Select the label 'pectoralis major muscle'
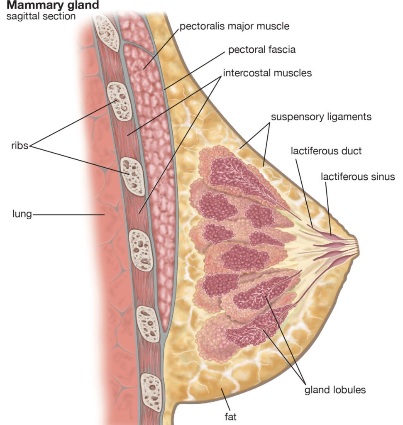point(234,27)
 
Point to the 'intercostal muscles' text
point(267,73)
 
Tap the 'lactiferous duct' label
point(320,151)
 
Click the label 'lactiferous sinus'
point(358,176)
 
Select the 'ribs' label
point(19,146)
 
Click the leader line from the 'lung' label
point(68,215)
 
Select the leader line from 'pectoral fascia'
point(195,70)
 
